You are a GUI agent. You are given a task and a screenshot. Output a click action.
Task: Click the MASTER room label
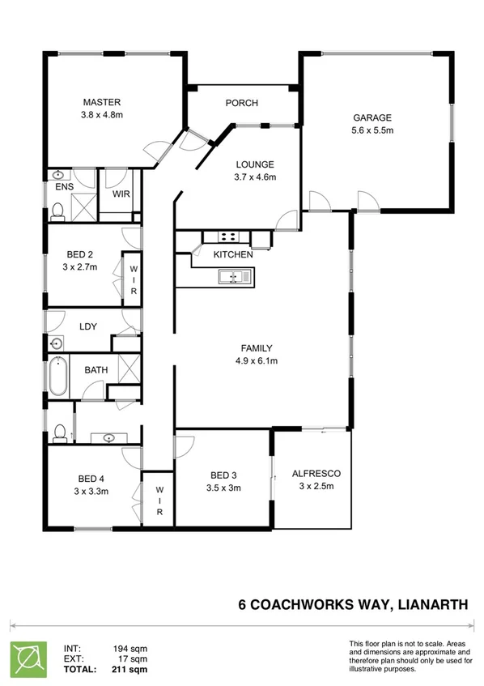[x=102, y=102]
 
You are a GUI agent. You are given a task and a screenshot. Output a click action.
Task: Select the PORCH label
[x=241, y=103]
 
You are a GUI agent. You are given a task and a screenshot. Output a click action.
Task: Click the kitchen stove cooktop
[x=227, y=237]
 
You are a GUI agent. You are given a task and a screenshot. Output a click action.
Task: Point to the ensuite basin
[x=58, y=176]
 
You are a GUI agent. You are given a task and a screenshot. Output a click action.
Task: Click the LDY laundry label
[x=88, y=326]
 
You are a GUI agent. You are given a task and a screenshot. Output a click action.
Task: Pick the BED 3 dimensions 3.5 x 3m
[x=224, y=488]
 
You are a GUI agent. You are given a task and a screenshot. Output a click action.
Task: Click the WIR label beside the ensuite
[x=121, y=194]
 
